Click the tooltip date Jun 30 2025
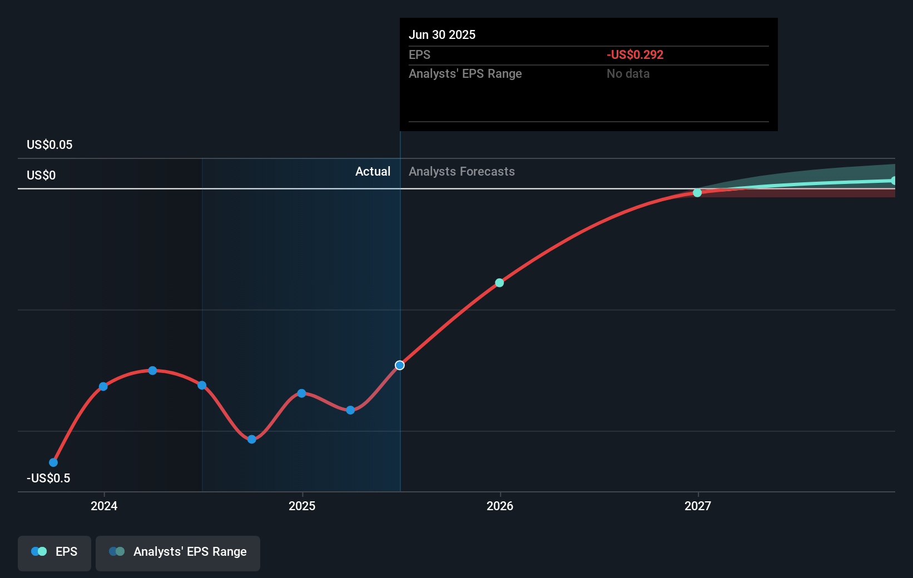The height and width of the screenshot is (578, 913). (442, 34)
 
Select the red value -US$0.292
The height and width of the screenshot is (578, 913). (634, 54)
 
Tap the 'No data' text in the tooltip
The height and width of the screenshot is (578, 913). (628, 73)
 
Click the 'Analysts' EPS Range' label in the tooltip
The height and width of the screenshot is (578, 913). (465, 73)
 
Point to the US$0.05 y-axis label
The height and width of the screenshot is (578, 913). (49, 144)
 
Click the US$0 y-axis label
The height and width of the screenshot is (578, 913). (41, 175)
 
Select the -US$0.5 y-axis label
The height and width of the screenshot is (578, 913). (48, 478)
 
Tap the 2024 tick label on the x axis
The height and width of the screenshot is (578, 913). (104, 506)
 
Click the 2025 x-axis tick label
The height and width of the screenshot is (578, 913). (302, 506)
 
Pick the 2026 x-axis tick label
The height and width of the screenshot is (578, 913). (500, 506)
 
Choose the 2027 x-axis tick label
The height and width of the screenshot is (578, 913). (698, 506)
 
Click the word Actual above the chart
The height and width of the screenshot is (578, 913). (373, 171)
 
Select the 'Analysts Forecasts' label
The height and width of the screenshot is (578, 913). (462, 171)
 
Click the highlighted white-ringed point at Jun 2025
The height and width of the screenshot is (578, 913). (400, 365)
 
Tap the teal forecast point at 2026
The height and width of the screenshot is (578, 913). (499, 283)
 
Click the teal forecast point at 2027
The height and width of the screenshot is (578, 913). (697, 193)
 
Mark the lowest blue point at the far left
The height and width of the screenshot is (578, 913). (53, 462)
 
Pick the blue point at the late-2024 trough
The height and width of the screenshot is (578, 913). (252, 439)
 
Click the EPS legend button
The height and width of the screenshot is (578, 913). (54, 552)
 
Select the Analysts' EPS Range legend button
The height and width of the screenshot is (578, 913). (178, 552)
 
